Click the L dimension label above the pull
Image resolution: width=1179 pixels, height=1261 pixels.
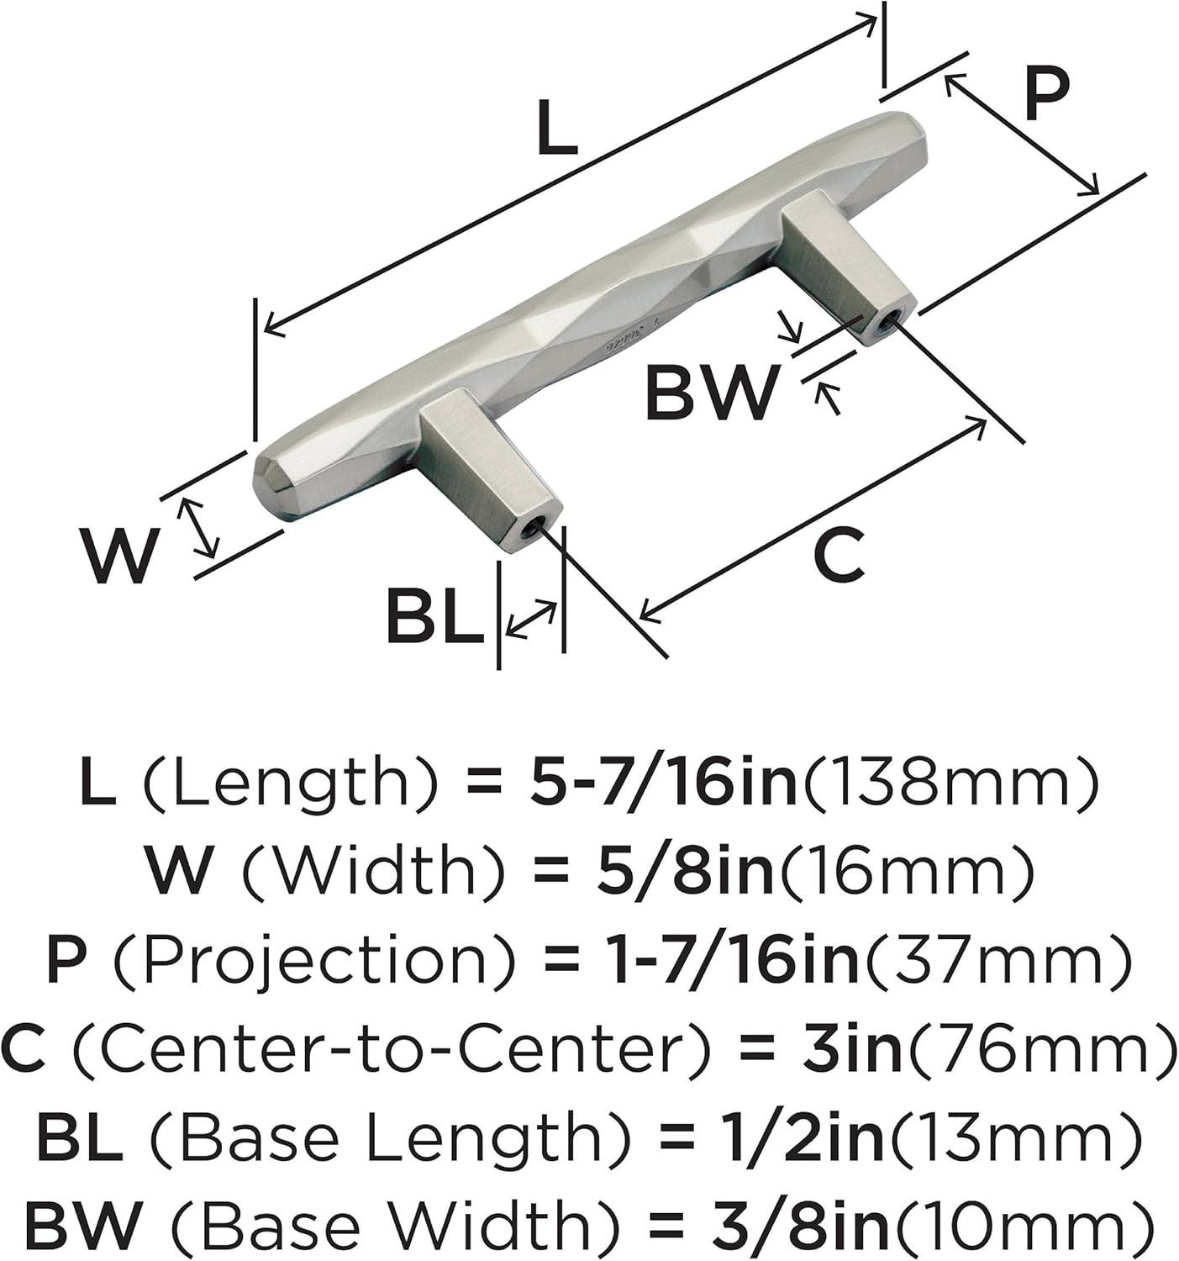pyautogui.click(x=557, y=129)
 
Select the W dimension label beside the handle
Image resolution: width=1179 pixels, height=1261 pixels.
pyautogui.click(x=118, y=557)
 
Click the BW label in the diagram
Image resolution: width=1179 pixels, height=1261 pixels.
pyautogui.click(x=712, y=393)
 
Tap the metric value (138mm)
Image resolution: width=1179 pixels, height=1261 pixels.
pyautogui.click(x=950, y=784)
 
